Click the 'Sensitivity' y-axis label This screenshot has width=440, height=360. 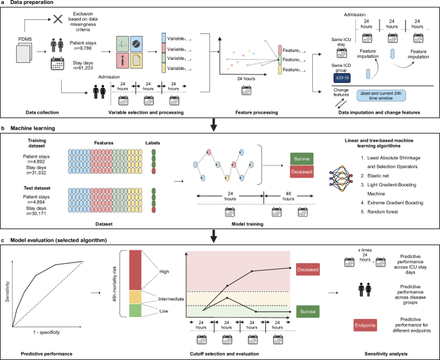coord(8,282)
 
